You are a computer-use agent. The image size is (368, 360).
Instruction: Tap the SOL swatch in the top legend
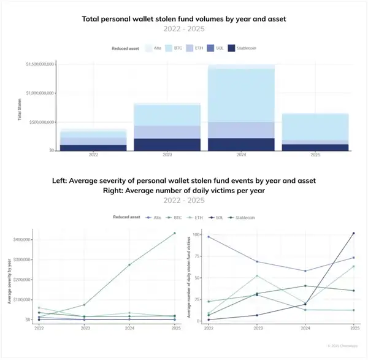click(210, 47)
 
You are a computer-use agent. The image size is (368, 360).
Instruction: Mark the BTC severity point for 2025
click(174, 233)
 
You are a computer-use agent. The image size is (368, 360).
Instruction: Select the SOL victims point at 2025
click(354, 233)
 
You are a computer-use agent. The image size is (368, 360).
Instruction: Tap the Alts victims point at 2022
click(209, 237)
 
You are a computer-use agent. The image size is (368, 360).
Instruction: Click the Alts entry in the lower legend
click(153, 217)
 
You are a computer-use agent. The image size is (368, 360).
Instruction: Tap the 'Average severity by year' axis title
click(9, 280)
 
